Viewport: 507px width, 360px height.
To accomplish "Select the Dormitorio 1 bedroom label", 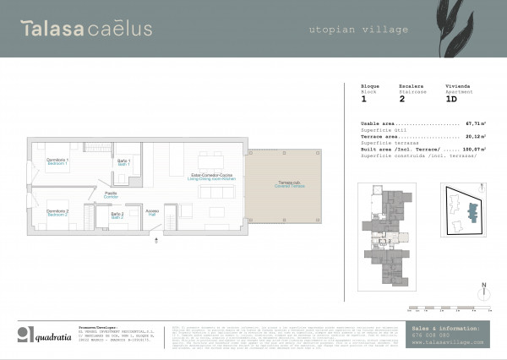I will [57, 161].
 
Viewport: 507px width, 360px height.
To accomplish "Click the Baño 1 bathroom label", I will [123, 162].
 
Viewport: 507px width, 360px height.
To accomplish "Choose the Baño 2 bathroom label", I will [117, 215].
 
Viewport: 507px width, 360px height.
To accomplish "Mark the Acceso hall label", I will [152, 211].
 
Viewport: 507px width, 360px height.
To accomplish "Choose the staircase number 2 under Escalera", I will [401, 99].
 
